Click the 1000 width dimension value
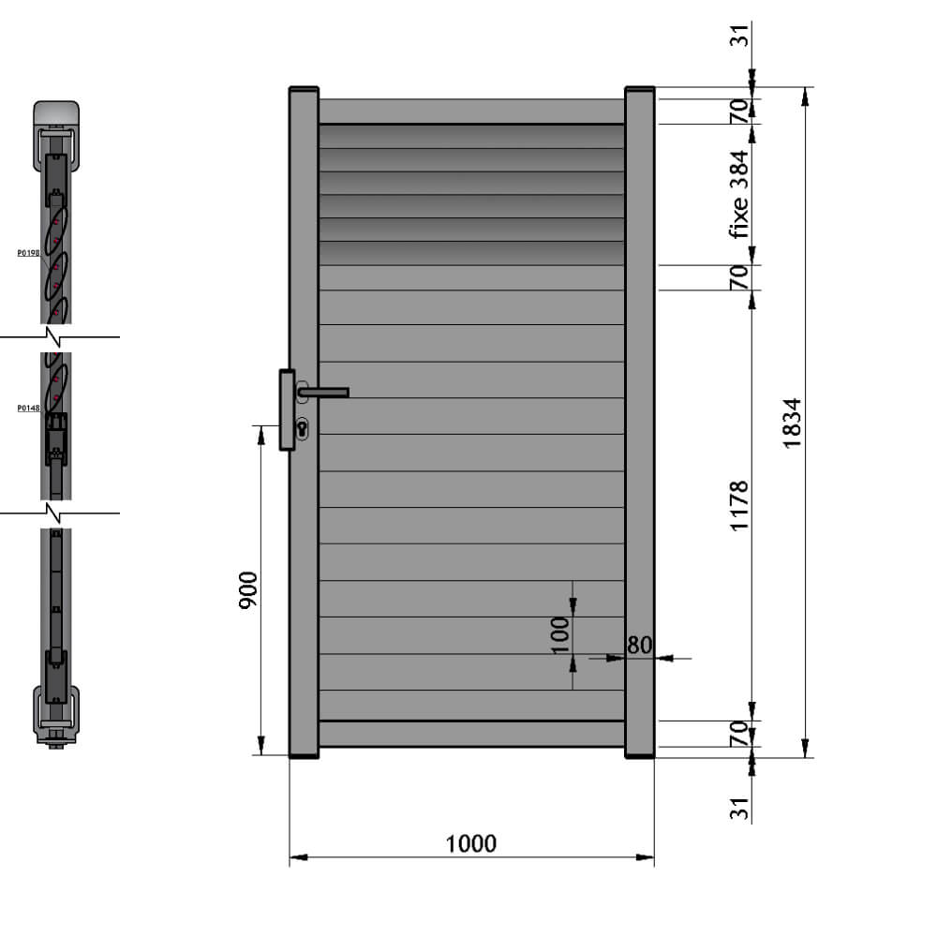point(470,843)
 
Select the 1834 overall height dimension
point(792,423)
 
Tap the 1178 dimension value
point(739,506)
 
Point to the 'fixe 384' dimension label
point(739,194)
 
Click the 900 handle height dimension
point(248,590)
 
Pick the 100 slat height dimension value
point(560,634)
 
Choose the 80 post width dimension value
point(639,645)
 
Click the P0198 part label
point(28,252)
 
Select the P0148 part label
point(28,408)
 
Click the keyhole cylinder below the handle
point(303,428)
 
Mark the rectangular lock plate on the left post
point(287,409)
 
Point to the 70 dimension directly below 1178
point(739,733)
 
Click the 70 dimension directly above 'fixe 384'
point(739,111)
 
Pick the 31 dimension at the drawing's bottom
point(739,809)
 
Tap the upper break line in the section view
point(59,336)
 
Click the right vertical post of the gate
point(639,422)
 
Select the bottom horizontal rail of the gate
point(471,734)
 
